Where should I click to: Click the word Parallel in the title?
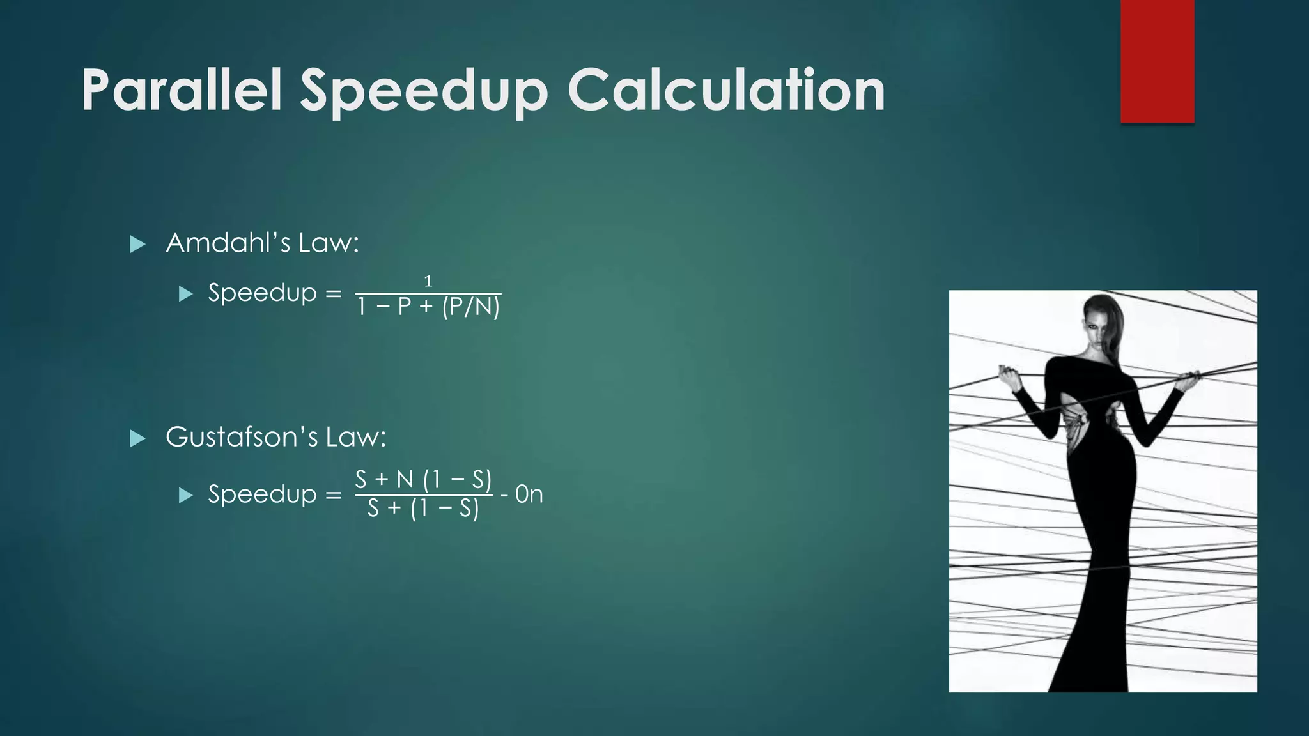(182, 90)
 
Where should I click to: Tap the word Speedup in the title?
(424, 91)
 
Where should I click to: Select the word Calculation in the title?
(726, 90)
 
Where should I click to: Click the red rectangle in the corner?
(1157, 61)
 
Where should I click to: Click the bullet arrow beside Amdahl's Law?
(137, 244)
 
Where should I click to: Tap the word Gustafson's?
(242, 437)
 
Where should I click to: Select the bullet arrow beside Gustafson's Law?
(137, 438)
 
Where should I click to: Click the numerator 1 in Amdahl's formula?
(428, 281)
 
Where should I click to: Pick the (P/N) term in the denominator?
(470, 307)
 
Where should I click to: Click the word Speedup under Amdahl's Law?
(262, 293)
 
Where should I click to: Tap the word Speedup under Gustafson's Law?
(262, 494)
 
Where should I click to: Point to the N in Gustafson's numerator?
(405, 479)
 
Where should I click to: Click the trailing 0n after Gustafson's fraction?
(529, 494)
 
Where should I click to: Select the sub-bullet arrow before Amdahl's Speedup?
(185, 294)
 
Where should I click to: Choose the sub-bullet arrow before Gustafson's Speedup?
(185, 495)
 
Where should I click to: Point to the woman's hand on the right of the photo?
(1188, 381)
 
